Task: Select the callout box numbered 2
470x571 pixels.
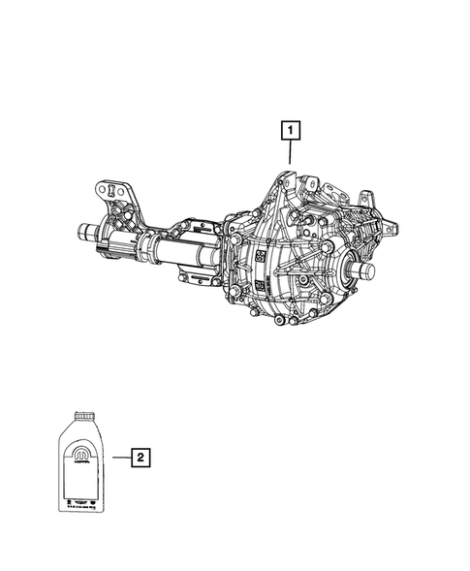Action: (141, 456)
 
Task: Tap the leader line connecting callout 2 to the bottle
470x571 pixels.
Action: (120, 456)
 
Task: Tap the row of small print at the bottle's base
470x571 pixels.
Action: (82, 500)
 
